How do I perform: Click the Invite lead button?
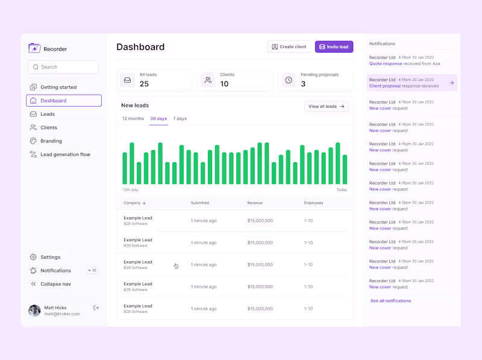pos(334,47)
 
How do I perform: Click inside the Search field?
pos(63,67)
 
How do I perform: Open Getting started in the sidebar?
pos(58,87)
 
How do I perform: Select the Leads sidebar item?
pos(48,114)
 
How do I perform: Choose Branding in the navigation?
pos(51,141)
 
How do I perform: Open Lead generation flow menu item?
pos(65,154)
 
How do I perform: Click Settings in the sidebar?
pos(50,257)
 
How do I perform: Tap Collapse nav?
pos(55,284)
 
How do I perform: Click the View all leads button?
pos(327,107)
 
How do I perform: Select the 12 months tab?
pos(133,119)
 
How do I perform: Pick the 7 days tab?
pos(180,119)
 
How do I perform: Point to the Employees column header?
pos(313,203)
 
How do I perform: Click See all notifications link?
pos(390,301)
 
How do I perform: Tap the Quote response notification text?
pos(386,63)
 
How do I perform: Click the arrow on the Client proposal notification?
pos(451,83)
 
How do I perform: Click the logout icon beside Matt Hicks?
pos(96,308)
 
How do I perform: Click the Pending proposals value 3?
pos(303,84)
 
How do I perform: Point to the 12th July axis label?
pos(130,190)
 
